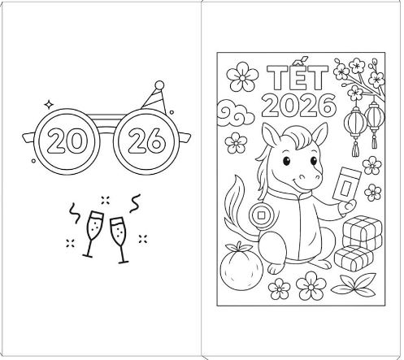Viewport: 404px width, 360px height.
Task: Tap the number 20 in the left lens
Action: point(66,141)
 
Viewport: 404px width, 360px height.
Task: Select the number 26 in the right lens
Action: point(146,141)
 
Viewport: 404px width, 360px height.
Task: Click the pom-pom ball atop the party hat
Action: point(159,85)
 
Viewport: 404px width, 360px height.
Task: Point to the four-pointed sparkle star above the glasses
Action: point(49,104)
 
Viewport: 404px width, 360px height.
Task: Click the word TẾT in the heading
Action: point(298,75)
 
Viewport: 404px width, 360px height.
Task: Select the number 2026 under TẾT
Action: point(299,105)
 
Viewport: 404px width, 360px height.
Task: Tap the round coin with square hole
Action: point(261,215)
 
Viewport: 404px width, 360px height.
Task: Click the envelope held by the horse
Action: point(346,184)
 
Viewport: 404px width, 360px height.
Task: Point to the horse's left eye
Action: point(286,161)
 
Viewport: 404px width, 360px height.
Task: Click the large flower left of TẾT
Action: point(242,76)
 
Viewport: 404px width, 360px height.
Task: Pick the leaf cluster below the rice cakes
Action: point(354,285)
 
